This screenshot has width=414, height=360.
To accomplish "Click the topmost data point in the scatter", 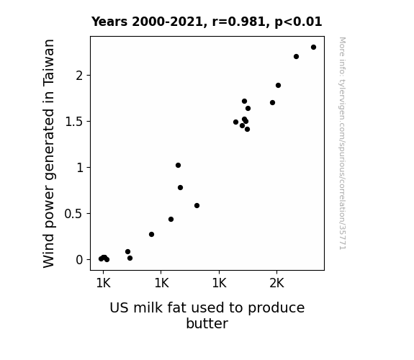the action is (313, 48).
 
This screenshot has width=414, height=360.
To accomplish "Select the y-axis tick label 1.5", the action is (74, 122).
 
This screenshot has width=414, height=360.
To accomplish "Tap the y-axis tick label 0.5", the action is (74, 214).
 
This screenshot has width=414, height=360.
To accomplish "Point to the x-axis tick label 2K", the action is (276, 284).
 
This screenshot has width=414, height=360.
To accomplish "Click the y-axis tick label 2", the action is (79, 76).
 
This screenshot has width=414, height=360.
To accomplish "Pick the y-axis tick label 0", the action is (79, 260).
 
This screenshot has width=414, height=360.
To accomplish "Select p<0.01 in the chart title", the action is (298, 22).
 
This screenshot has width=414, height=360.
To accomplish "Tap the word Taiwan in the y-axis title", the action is (48, 63).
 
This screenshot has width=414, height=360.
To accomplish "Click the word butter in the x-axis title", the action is (207, 323).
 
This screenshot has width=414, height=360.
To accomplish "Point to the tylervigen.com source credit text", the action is (342, 143).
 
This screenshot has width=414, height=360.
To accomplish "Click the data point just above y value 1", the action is (179, 166).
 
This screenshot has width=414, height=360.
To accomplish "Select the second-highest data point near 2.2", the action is (296, 57).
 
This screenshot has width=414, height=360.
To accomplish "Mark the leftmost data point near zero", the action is (101, 259).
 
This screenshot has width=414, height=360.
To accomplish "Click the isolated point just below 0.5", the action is (171, 219).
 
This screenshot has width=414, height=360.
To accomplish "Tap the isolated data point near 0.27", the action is (151, 234).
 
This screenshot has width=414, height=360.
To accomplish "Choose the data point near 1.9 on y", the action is (279, 85).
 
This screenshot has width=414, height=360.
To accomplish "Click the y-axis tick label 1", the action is (80, 168).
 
